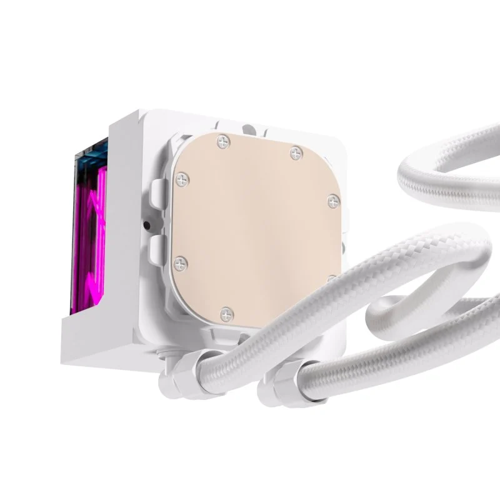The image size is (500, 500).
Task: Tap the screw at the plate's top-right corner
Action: [x=295, y=152]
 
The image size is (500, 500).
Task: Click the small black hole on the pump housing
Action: [x=146, y=224]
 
